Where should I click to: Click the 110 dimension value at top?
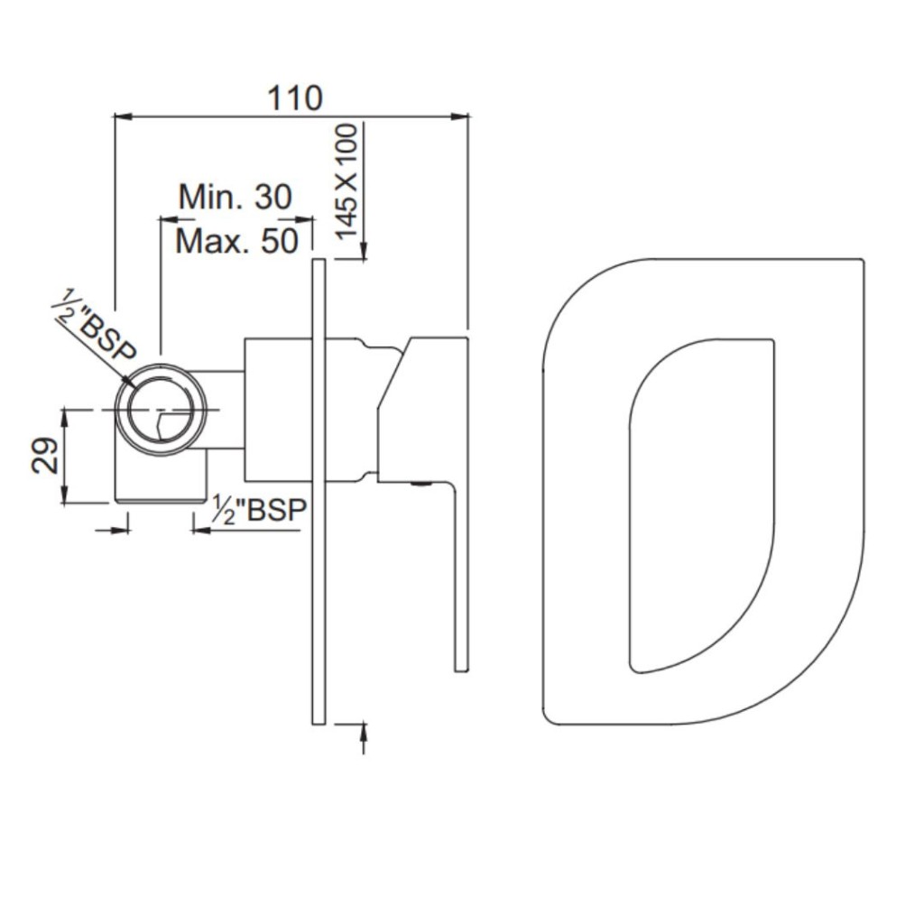(x=295, y=97)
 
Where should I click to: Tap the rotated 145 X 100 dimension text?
(x=346, y=180)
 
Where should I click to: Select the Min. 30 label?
(x=236, y=197)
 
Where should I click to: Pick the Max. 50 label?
(x=236, y=241)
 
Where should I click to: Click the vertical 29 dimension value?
(x=45, y=456)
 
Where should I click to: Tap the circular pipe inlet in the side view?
(x=161, y=410)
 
